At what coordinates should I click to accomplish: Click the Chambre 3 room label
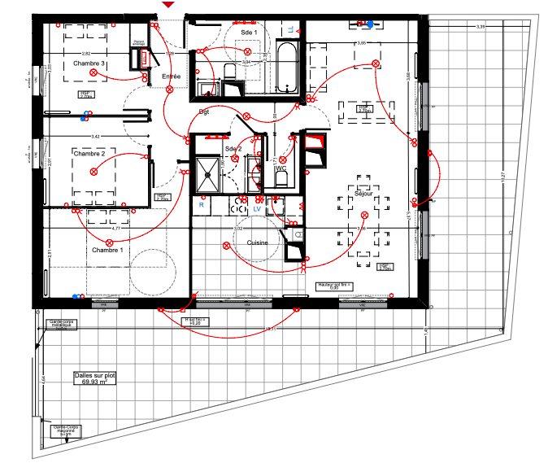[x=89, y=63]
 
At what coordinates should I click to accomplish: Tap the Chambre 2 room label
[x=89, y=153]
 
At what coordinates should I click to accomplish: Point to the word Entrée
[x=171, y=76]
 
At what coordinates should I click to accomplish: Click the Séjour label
[x=362, y=195]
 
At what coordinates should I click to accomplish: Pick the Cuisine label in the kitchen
[x=259, y=243]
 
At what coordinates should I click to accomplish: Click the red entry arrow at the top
[x=167, y=5]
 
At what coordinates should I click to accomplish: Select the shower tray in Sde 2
[x=207, y=173]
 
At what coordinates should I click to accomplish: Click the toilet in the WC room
[x=281, y=178]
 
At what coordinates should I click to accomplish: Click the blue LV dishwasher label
[x=258, y=208]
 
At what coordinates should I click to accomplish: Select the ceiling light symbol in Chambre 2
[x=94, y=171]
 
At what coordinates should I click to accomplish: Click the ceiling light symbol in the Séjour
[x=364, y=216]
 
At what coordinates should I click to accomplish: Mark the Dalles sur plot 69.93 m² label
[x=94, y=379]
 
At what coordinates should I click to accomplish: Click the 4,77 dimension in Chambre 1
[x=116, y=229]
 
